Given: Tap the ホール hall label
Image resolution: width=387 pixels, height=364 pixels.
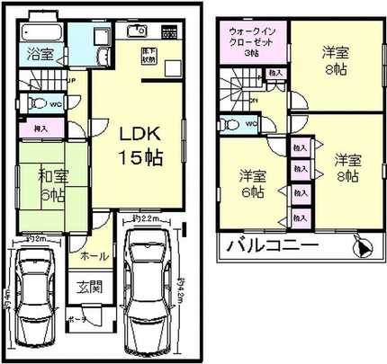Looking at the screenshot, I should pos(94,256).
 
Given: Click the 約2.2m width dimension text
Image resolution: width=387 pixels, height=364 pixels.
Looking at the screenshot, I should pos(144,218).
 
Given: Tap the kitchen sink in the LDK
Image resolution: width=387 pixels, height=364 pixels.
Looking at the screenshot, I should pos(138,33).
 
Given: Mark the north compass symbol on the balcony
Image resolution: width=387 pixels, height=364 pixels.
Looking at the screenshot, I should pos(362,245).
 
